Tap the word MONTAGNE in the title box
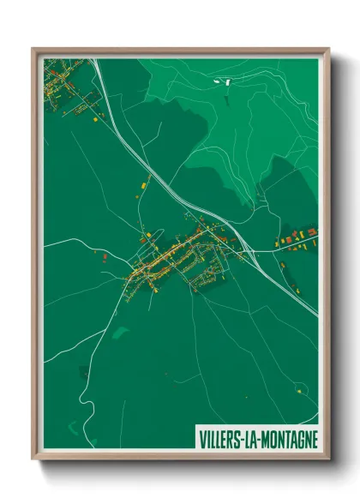click(x=286, y=439)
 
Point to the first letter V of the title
click(x=202, y=439)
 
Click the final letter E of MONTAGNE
click(x=314, y=439)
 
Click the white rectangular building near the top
click(x=228, y=82)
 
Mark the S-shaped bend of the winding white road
click(x=81, y=396)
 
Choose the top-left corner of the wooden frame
click(x=33, y=49)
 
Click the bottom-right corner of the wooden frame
click(x=327, y=459)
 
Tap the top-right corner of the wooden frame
click(x=327, y=49)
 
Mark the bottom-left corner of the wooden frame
click(x=33, y=459)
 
